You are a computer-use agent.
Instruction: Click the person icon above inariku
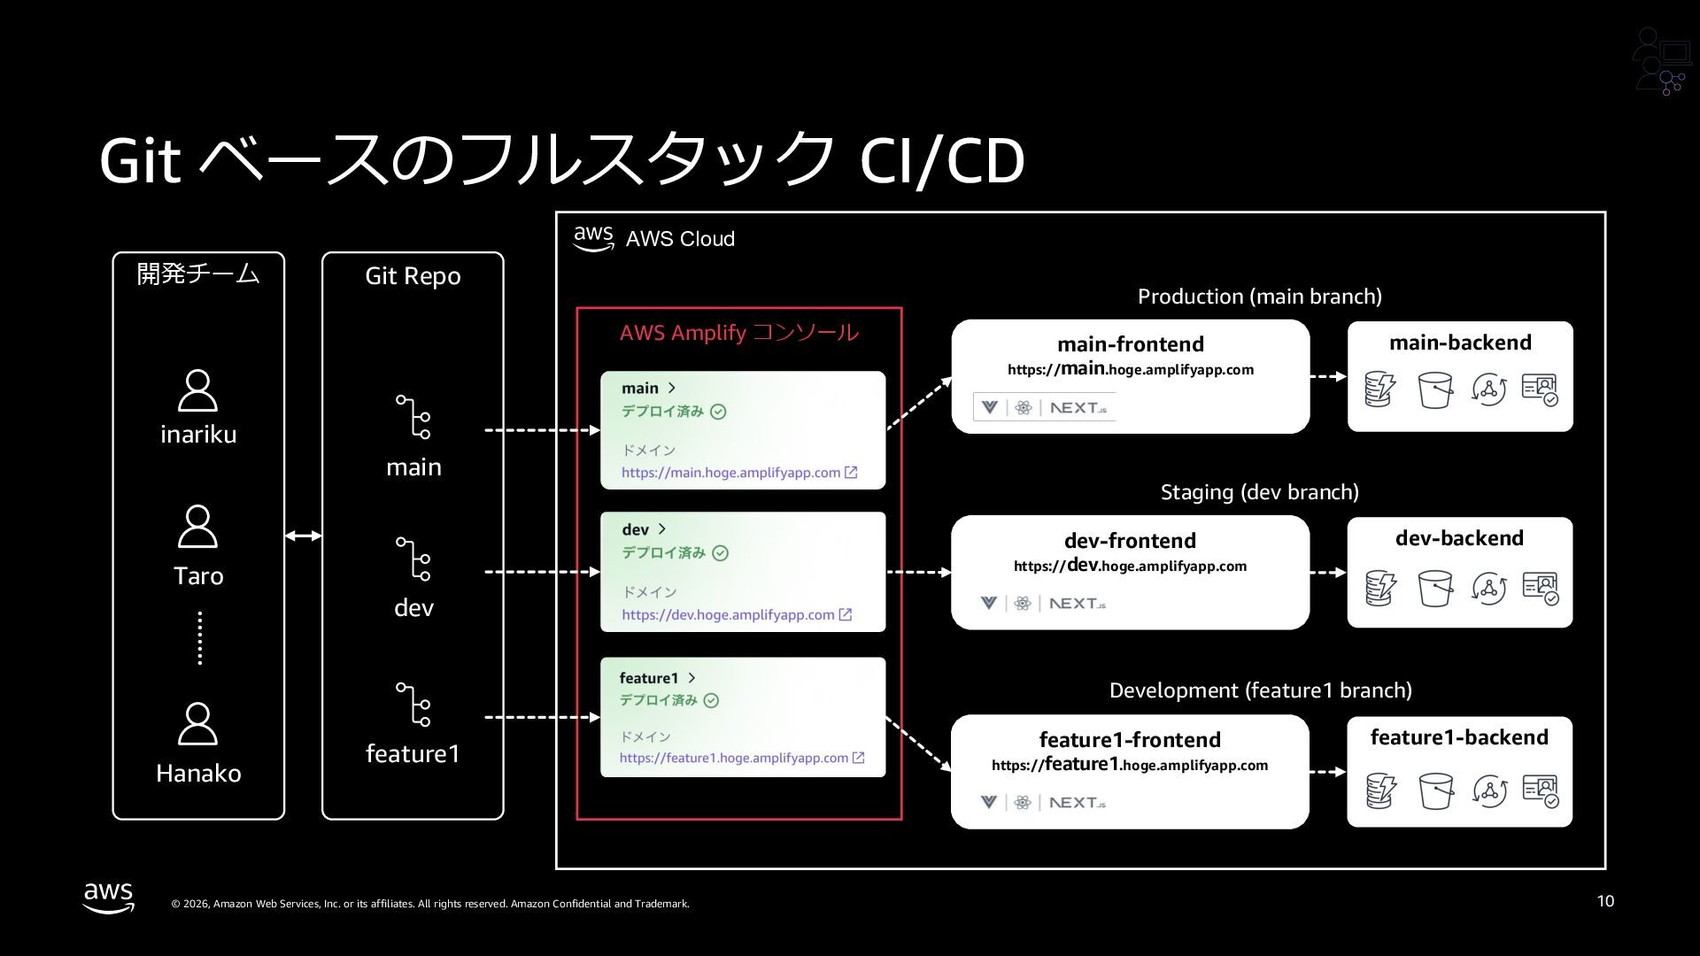(197, 390)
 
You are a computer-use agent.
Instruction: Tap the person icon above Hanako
(197, 724)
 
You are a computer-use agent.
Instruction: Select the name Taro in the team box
(198, 576)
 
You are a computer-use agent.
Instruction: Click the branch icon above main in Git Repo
(413, 417)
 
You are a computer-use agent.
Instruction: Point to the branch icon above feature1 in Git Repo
(413, 705)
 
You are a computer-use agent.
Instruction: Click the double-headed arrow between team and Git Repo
(304, 536)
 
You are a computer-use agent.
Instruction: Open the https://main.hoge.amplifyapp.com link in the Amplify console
(730, 473)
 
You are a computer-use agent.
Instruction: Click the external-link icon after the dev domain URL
(846, 614)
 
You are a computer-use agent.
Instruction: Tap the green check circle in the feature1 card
(711, 700)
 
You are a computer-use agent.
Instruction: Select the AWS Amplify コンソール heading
(738, 333)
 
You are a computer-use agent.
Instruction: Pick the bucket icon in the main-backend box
(1434, 389)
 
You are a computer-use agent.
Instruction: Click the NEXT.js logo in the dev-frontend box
(1078, 604)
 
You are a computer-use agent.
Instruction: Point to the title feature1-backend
(1459, 737)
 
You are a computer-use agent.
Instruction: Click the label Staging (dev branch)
(1259, 492)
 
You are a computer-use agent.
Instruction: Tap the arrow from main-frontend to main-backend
(1328, 376)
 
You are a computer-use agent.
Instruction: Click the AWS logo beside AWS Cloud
(593, 238)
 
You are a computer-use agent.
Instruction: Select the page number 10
(1605, 901)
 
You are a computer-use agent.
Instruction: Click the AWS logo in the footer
(109, 897)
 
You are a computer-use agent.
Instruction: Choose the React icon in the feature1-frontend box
(1023, 803)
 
